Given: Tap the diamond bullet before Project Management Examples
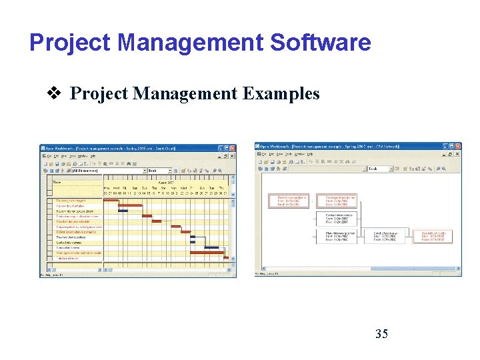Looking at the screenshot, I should [x=58, y=93].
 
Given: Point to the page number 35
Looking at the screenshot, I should [x=381, y=334].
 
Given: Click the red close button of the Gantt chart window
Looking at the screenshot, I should [x=232, y=149].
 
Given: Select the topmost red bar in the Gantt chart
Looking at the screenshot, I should [x=111, y=200].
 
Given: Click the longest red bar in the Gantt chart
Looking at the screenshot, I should [x=207, y=253].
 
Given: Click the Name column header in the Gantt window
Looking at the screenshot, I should [x=57, y=182].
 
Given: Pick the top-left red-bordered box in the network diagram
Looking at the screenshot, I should [x=289, y=201].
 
